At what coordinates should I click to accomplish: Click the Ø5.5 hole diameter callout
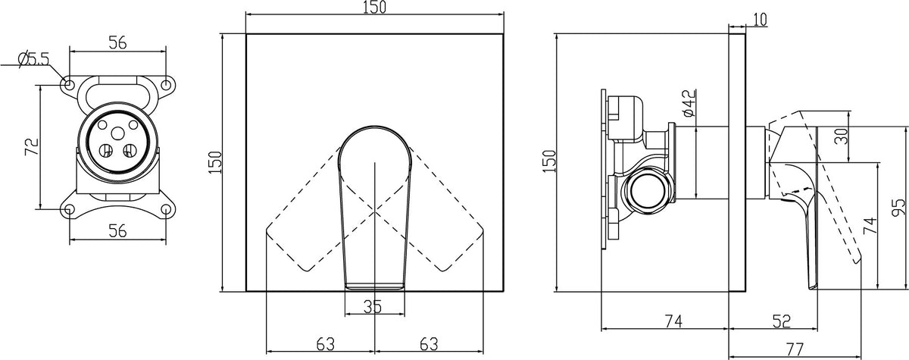(x=33, y=59)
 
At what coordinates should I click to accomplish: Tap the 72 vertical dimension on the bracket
(x=32, y=146)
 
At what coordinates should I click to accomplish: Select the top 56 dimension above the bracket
(x=117, y=42)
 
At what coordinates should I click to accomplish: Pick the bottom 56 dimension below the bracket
(x=117, y=230)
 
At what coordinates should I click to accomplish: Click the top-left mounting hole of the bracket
(x=70, y=85)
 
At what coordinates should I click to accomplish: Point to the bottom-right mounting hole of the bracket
(x=166, y=209)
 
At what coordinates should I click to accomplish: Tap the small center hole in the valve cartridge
(x=118, y=133)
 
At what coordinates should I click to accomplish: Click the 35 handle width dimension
(x=373, y=306)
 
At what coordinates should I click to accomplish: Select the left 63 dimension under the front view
(x=326, y=344)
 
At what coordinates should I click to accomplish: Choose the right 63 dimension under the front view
(x=429, y=344)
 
